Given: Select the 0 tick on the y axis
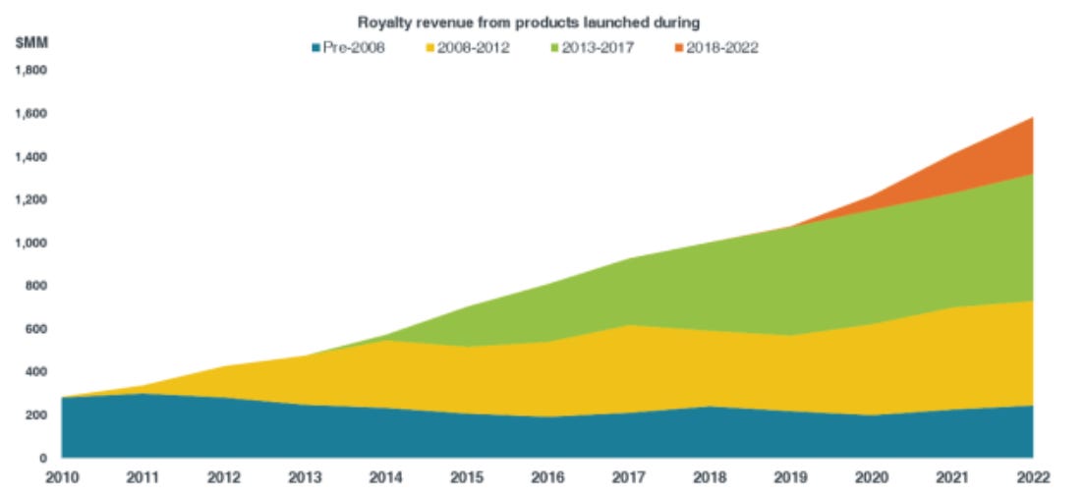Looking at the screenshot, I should click(44, 458).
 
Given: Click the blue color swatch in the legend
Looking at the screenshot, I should click(315, 47).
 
